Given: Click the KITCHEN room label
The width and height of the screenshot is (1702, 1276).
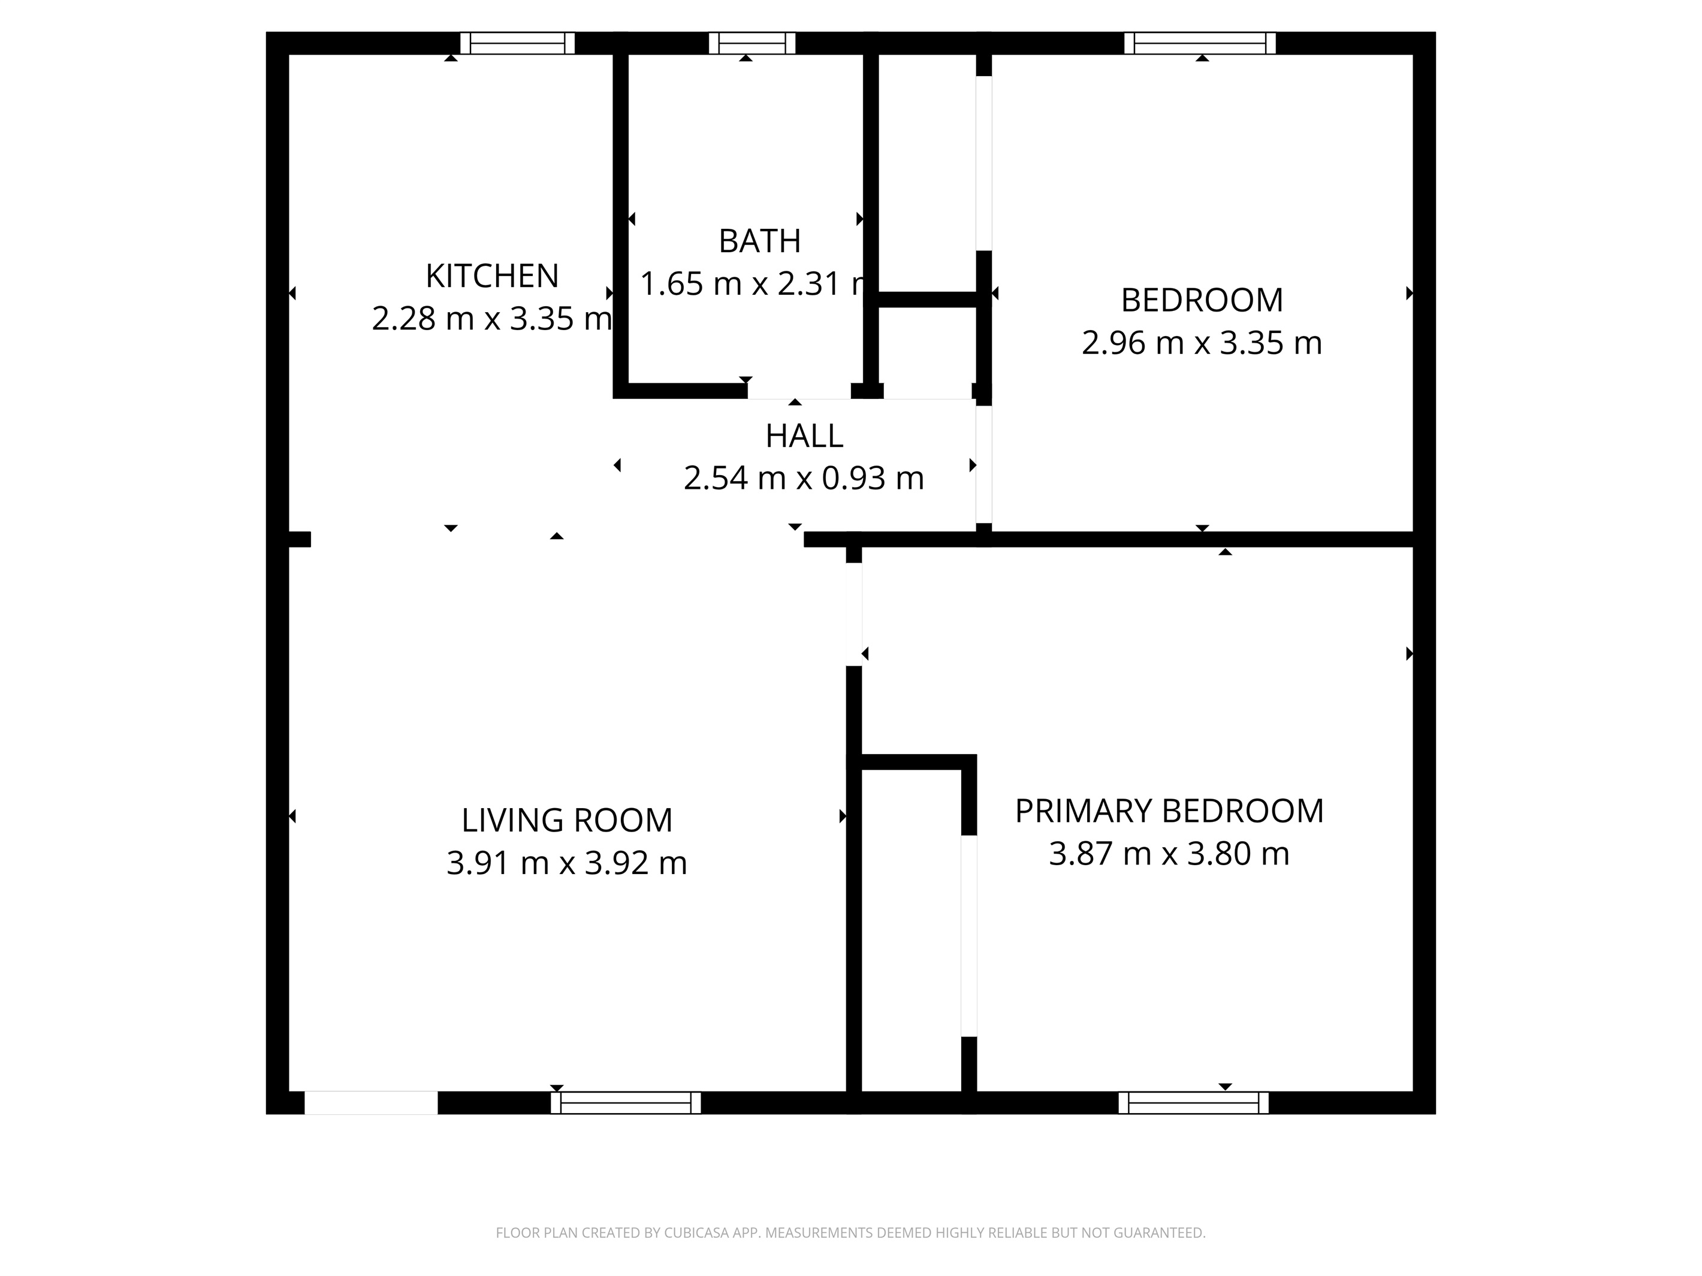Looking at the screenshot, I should coord(491,276).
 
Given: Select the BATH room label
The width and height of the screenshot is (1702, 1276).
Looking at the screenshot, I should coord(759,241).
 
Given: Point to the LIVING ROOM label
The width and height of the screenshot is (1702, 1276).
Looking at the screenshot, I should coord(566,821).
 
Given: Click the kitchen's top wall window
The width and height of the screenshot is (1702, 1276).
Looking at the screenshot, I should coord(517,43).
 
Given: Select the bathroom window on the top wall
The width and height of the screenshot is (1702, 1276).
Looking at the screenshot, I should coord(751,43).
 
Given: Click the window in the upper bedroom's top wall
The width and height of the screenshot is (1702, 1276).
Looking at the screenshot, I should coord(1200,43).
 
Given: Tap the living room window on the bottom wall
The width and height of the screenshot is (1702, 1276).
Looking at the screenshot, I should coord(626,1103).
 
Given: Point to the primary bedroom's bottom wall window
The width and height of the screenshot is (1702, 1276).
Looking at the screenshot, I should coord(1193,1103).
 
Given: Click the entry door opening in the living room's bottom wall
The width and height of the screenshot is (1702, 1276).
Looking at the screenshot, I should coord(371,1103).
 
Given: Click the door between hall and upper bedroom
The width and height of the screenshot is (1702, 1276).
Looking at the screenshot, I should coord(983,464).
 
